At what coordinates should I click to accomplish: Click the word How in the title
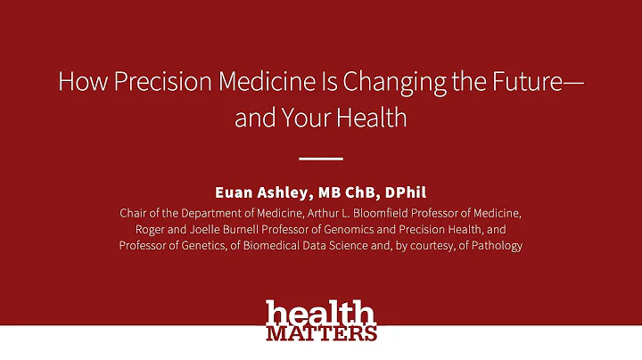click(x=78, y=82)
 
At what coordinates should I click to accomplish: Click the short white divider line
click(x=320, y=160)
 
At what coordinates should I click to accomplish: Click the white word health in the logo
click(x=320, y=315)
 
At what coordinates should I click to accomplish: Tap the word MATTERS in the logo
click(x=321, y=333)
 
